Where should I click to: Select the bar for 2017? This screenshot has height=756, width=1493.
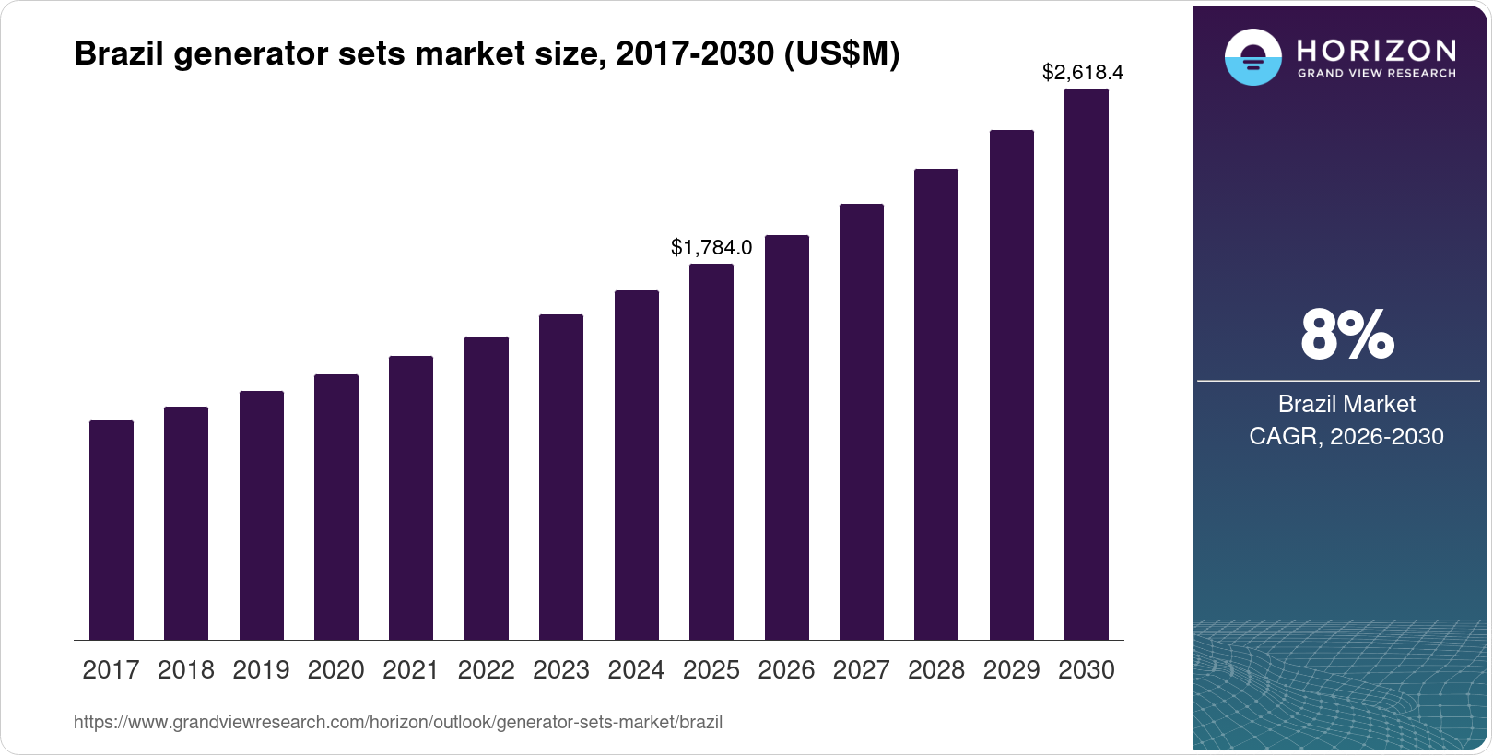pyautogui.click(x=112, y=530)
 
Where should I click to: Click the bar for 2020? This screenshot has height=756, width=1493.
pyautogui.click(x=336, y=507)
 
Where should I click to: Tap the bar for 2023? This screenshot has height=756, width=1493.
pyautogui.click(x=561, y=477)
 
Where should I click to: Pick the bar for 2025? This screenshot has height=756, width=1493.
pyautogui.click(x=711, y=452)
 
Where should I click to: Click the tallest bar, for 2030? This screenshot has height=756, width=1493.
pyautogui.click(x=1087, y=364)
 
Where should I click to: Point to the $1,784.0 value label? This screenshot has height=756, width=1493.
pyautogui.click(x=711, y=247)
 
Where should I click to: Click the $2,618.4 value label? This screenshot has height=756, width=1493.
pyautogui.click(x=1083, y=72)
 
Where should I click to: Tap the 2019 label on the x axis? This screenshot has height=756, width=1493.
pyautogui.click(x=261, y=670)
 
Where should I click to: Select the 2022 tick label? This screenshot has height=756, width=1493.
pyautogui.click(x=486, y=670)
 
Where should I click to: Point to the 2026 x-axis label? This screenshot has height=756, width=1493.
pyautogui.click(x=786, y=670)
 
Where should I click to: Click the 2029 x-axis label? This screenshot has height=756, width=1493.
pyautogui.click(x=1011, y=670)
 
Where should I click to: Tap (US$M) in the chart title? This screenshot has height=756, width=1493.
pyautogui.click(x=841, y=53)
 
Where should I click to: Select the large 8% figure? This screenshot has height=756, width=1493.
pyautogui.click(x=1346, y=335)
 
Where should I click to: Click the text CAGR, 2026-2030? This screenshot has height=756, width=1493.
pyautogui.click(x=1346, y=436)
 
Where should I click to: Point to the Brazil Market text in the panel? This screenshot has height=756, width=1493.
pyautogui.click(x=1346, y=404)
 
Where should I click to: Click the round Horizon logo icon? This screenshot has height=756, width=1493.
pyautogui.click(x=1252, y=57)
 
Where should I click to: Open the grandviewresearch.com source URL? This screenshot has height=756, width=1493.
pyautogui.click(x=398, y=722)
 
